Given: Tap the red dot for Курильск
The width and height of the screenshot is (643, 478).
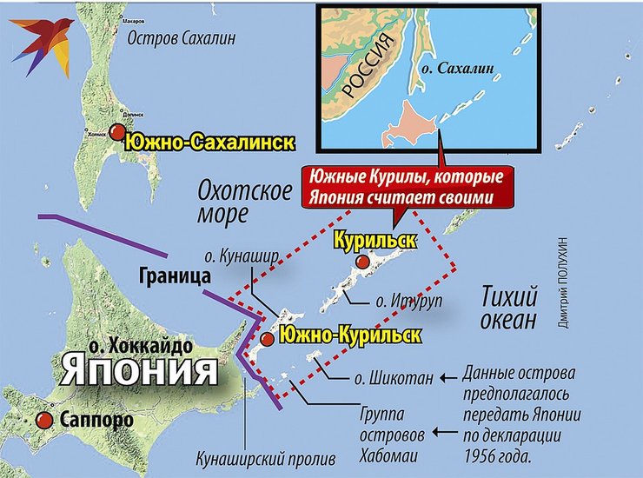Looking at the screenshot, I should point(364,262).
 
